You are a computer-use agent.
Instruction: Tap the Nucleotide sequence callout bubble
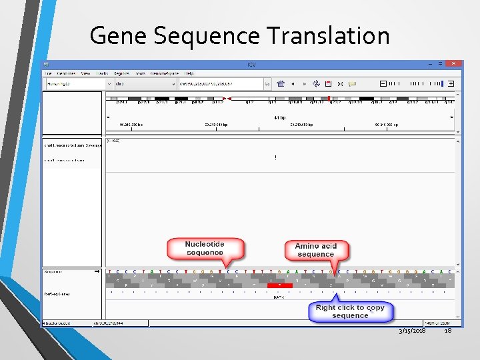(x=205, y=249)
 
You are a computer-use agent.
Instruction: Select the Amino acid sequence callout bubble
(x=316, y=250)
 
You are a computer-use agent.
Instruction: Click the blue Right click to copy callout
(x=350, y=311)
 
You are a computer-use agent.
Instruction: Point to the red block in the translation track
(x=280, y=285)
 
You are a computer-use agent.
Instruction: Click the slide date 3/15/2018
(x=413, y=331)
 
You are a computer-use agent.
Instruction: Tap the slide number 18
(x=447, y=331)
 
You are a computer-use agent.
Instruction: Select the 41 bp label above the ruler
(x=280, y=117)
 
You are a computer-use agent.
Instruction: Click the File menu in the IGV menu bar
(x=47, y=73)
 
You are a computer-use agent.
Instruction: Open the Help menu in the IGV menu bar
(x=189, y=73)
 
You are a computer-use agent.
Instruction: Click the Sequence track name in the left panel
(x=53, y=272)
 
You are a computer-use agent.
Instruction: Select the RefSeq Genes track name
(x=56, y=293)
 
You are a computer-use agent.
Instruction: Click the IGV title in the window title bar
(x=251, y=64)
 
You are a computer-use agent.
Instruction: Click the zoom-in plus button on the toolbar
(x=451, y=84)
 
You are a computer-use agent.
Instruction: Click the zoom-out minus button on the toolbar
(x=383, y=84)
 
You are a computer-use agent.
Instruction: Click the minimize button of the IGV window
(x=431, y=63)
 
